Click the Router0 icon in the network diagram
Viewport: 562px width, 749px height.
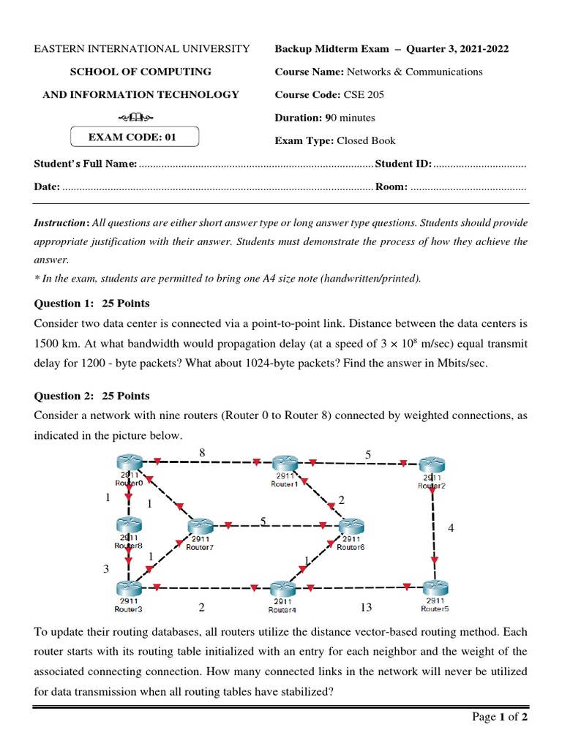pos(129,462)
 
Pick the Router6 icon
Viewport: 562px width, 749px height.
pos(351,527)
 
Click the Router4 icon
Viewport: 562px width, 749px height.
pos(282,590)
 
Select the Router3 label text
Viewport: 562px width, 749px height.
pos(128,609)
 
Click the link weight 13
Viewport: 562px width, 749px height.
pos(367,607)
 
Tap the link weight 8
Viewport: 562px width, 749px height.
pos(202,453)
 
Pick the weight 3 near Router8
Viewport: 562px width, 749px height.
pos(105,568)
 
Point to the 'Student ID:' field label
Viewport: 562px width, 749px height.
pos(403,164)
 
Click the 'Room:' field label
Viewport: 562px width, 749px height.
pos(391,187)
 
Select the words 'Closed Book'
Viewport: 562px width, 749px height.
pos(366,140)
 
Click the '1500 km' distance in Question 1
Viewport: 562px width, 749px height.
pos(54,342)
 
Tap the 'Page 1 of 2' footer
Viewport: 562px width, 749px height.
pos(500,717)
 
